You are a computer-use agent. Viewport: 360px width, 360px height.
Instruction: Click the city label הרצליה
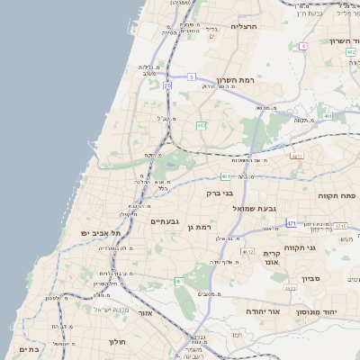[244, 26]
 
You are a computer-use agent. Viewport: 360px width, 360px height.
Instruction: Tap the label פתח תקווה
[337, 195]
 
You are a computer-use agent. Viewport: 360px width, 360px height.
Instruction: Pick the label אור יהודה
[263, 310]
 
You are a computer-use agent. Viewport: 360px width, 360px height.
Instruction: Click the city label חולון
[118, 342]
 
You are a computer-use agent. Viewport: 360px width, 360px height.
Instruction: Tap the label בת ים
[27, 348]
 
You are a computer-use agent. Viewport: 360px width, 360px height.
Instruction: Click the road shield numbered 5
[192, 77]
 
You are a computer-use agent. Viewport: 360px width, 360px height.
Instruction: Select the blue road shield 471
[291, 222]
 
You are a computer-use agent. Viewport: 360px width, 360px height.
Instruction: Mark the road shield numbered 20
[167, 86]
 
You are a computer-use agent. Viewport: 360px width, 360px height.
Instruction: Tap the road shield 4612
[248, 251]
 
